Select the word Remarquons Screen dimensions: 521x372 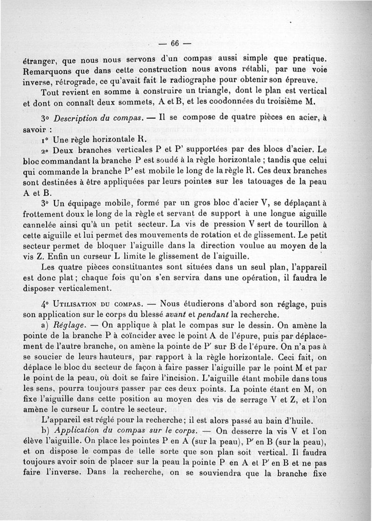[x=48, y=72]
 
